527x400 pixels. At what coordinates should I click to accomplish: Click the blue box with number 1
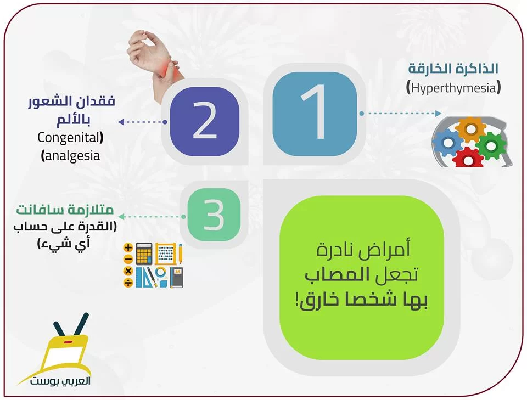[315, 114]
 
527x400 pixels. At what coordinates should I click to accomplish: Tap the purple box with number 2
[205, 122]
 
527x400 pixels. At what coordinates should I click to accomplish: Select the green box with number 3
[214, 215]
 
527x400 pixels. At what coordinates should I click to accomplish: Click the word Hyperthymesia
[454, 88]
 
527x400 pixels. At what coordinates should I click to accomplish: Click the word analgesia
[72, 156]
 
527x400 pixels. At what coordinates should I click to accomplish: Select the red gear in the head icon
[468, 157]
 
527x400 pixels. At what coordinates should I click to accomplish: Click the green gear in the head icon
[491, 146]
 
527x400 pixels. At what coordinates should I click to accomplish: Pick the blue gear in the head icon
[447, 142]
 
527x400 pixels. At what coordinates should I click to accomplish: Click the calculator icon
[144, 253]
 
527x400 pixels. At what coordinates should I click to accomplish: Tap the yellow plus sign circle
[128, 248]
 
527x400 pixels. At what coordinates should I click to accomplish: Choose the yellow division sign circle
[128, 283]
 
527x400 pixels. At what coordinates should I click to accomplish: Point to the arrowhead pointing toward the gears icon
[438, 114]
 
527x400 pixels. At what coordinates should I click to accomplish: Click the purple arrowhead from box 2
[121, 122]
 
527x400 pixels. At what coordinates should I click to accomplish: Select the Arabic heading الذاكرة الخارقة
[453, 69]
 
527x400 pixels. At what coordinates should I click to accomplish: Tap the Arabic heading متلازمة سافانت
[65, 210]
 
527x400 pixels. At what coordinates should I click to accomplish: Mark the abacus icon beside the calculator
[165, 253]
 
